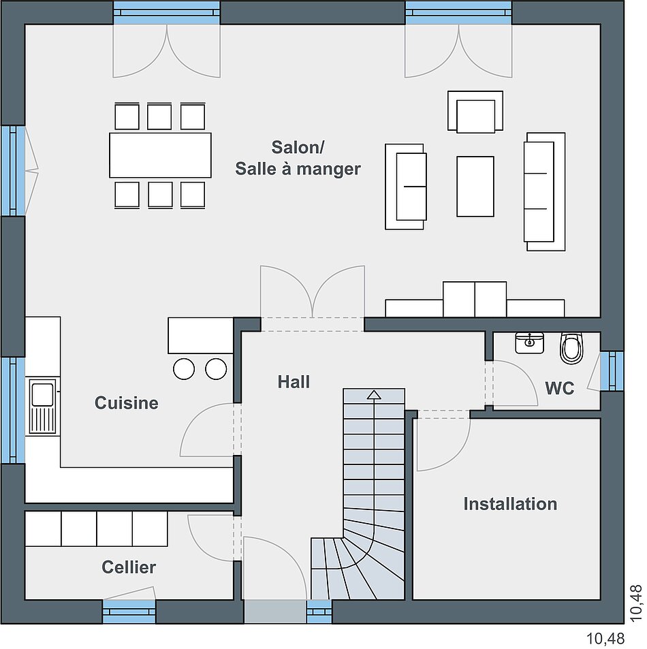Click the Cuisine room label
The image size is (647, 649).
[x=126, y=402]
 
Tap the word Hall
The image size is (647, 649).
[x=294, y=381]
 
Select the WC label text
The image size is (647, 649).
[x=560, y=388]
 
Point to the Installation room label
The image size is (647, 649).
[x=510, y=504]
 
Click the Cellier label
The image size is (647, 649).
[x=129, y=567]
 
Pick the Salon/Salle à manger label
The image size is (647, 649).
[x=298, y=158]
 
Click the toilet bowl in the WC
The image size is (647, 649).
[x=571, y=348]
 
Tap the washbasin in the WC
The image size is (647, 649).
[x=529, y=343]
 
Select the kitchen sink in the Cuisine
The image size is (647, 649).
[x=43, y=407]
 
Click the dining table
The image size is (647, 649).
[x=160, y=155]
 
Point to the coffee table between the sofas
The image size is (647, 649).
[x=475, y=187]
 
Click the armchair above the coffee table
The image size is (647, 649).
[x=475, y=112]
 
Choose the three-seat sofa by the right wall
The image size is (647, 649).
[x=544, y=191]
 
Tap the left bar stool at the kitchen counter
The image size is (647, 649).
[x=184, y=369]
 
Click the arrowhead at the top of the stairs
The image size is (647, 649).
[x=374, y=394]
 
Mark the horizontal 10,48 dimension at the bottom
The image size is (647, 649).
[x=605, y=639]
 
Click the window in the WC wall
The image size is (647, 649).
[x=612, y=371]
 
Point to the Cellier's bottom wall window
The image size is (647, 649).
[x=129, y=612]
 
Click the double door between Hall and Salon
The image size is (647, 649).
[x=313, y=298]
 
